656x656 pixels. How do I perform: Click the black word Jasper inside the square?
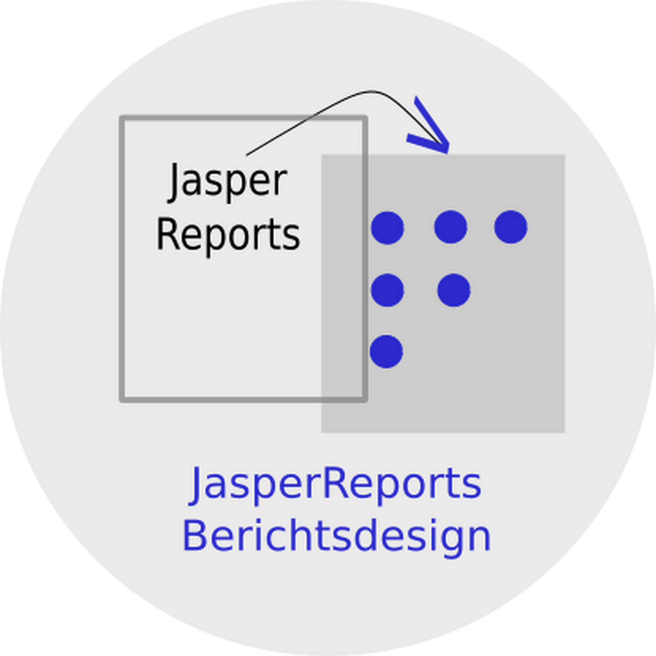pos(227,183)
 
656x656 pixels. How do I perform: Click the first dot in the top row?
pos(388,228)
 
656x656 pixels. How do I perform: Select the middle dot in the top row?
pos(451,227)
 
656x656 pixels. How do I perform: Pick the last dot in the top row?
pos(511,227)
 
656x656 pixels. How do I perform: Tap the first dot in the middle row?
pos(388,290)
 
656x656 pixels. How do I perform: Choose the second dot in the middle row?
pos(454,290)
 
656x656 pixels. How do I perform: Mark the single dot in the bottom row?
pos(386,351)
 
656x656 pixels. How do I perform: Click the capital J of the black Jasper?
pos(174,183)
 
